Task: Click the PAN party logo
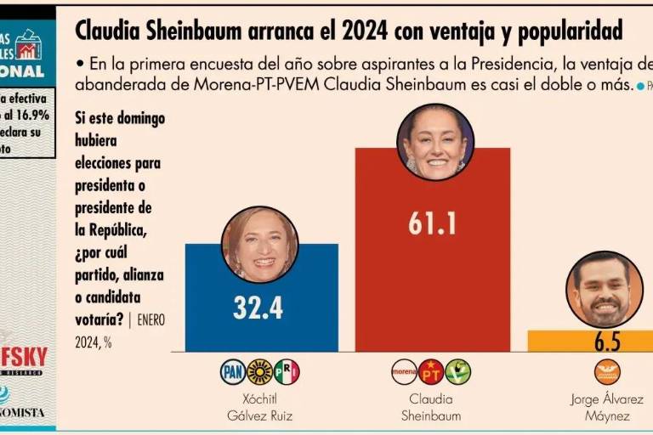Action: point(233,371)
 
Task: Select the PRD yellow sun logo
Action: point(259,371)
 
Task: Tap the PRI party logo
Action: point(287,371)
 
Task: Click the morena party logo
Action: point(404,371)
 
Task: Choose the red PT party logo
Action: point(431,371)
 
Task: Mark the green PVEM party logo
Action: point(458,371)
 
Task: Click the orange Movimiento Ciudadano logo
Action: point(607,371)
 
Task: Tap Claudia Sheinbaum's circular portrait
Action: point(435,142)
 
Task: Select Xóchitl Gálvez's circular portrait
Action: point(260,244)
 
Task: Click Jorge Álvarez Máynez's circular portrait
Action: point(604,289)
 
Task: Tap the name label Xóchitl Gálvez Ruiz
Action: point(260,407)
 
